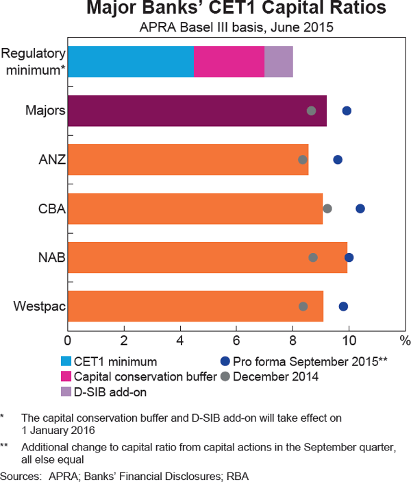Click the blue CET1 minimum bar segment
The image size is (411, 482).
click(x=131, y=62)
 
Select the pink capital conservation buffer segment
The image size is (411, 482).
click(x=229, y=62)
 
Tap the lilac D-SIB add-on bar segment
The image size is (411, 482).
click(x=279, y=62)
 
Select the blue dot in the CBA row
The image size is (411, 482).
click(x=360, y=208)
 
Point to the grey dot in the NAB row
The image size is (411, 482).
click(x=313, y=258)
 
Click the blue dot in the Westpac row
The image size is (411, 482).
click(x=343, y=306)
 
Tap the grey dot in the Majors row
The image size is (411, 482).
click(x=311, y=111)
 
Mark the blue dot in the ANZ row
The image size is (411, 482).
click(x=338, y=160)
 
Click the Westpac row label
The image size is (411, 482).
click(x=39, y=306)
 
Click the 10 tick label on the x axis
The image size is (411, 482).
click(x=349, y=341)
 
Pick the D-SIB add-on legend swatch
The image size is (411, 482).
click(x=66, y=392)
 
